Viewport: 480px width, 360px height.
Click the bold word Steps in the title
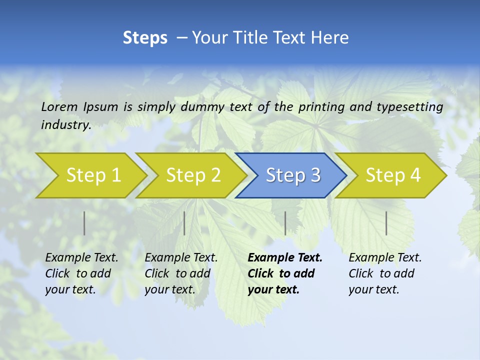pyautogui.click(x=145, y=38)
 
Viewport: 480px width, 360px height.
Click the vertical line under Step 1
pyautogui.click(x=84, y=223)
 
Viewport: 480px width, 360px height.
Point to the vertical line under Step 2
pyautogui.click(x=184, y=223)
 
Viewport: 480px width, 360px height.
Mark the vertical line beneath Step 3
pyautogui.click(x=285, y=223)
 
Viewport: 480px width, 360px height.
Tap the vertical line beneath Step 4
pyautogui.click(x=386, y=223)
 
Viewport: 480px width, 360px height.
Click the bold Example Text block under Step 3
pyautogui.click(x=285, y=273)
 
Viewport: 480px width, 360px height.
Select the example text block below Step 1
pyautogui.click(x=81, y=273)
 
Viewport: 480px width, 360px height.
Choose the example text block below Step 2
pyautogui.click(x=181, y=273)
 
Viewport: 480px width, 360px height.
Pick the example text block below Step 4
pyautogui.click(x=385, y=273)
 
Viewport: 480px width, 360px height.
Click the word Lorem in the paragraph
pyautogui.click(x=59, y=106)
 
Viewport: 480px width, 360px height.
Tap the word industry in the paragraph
pyautogui.click(x=66, y=124)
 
